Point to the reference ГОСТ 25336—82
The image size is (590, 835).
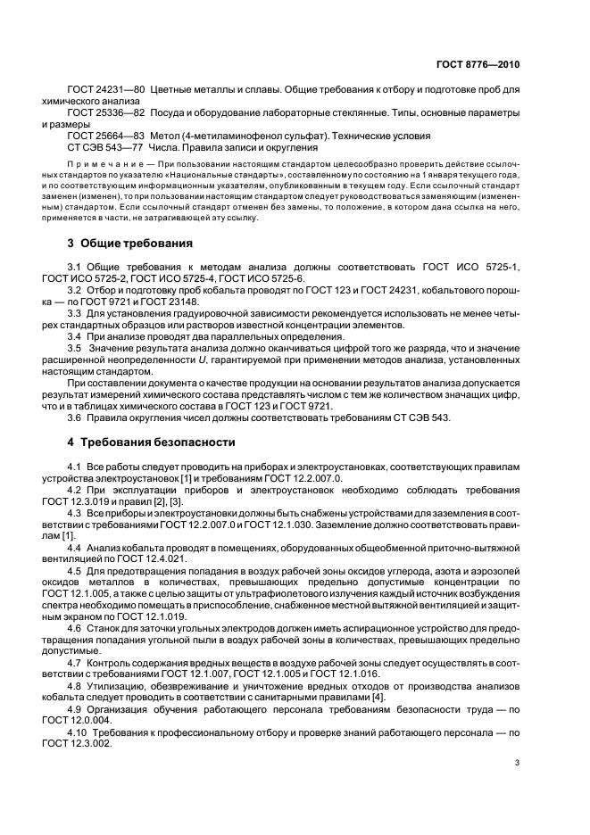105,113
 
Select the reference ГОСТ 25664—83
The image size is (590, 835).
105,136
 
